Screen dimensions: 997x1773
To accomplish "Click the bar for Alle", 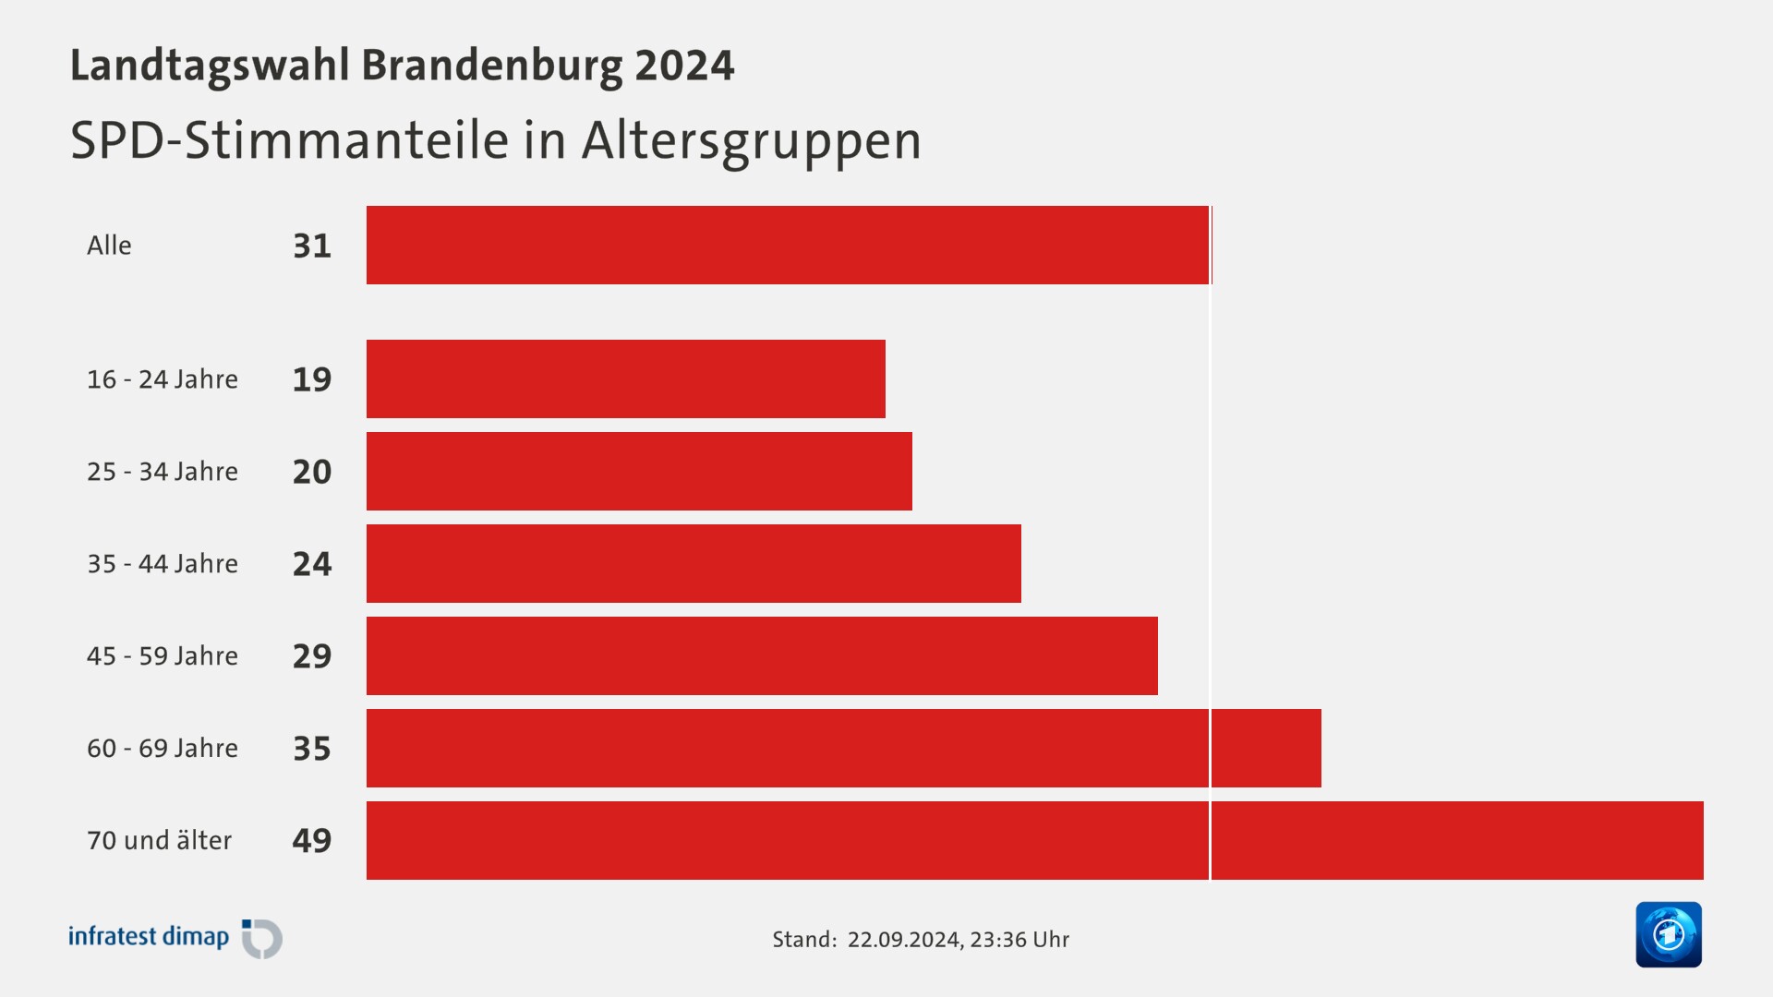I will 788,245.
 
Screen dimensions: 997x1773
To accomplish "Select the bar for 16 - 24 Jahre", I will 625,378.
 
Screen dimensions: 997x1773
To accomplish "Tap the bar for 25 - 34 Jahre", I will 639,471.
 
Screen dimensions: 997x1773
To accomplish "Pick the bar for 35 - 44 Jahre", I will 694,563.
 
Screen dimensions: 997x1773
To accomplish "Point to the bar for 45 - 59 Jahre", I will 762,655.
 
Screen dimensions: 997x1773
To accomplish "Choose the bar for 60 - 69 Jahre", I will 843,748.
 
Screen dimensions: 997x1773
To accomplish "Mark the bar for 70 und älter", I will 1034,840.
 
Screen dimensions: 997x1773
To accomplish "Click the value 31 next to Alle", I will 312,246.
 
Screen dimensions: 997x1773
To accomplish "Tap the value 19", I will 312,379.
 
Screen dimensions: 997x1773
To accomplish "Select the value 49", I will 312,841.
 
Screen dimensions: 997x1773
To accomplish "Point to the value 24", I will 312,564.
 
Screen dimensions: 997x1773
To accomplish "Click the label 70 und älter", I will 159,840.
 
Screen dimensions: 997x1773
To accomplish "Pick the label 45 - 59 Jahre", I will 163,655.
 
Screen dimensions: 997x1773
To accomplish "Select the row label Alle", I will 109,246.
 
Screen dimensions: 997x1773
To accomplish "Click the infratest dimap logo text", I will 149,936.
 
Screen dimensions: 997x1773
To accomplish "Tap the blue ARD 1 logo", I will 1668,934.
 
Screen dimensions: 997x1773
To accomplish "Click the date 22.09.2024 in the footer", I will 904,940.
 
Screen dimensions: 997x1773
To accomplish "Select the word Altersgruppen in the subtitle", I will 751,141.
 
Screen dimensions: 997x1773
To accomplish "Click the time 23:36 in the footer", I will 998,940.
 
